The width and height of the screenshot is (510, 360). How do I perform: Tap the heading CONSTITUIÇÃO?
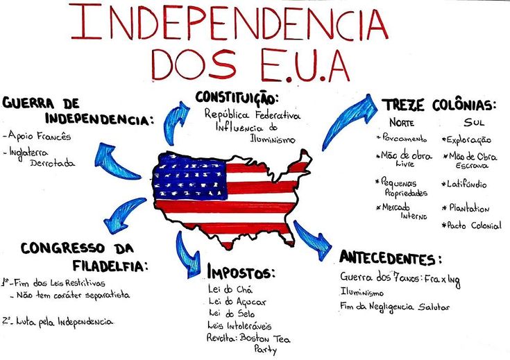tap(237, 98)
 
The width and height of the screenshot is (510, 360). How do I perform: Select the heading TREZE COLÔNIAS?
tap(440, 105)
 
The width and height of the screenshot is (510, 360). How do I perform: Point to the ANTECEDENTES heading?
tap(391, 259)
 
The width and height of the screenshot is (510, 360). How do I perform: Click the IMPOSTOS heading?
tap(241, 273)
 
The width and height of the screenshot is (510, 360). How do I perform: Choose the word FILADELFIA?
tap(110, 266)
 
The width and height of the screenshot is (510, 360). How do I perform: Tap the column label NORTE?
tap(402, 123)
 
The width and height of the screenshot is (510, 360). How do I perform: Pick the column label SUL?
tap(474, 122)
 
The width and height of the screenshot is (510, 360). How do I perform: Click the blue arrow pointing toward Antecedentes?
tap(312, 240)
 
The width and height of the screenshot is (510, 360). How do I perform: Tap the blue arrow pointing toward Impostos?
tap(187, 255)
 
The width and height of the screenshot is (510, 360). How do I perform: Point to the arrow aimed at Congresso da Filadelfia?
tap(124, 214)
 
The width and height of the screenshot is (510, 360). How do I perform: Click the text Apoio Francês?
tap(39, 136)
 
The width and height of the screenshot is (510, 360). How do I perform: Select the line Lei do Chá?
tap(230, 289)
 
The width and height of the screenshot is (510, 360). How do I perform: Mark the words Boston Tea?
tap(265, 339)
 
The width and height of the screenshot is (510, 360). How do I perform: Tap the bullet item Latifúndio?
tap(464, 184)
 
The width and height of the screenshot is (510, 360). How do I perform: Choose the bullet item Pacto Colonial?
tap(471, 225)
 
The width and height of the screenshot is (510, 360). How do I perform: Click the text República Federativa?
tap(253, 114)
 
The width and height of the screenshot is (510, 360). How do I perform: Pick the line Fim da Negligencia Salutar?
tap(395, 307)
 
